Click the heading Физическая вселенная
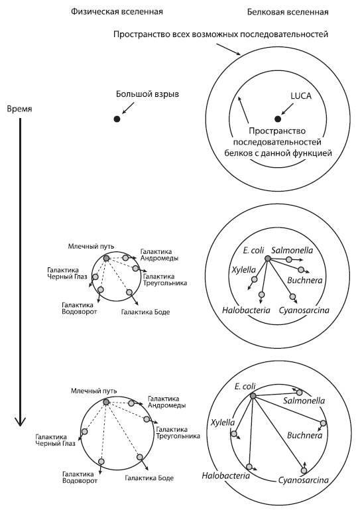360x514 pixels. (x=117, y=12)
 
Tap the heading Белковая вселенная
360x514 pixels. (x=288, y=12)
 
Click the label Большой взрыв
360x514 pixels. (x=147, y=94)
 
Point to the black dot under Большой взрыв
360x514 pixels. (x=117, y=119)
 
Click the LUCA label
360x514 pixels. (x=301, y=96)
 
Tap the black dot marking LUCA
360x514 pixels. (x=278, y=119)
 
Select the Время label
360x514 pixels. (x=20, y=109)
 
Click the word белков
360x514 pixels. (x=236, y=153)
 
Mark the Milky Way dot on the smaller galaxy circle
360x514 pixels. (x=106, y=258)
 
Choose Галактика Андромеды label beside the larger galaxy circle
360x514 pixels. (x=166, y=402)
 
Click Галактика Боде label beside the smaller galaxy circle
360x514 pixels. (x=145, y=312)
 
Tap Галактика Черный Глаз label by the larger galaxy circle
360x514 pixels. (x=55, y=440)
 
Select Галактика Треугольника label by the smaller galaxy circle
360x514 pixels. (x=165, y=280)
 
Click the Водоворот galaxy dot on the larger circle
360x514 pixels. (x=101, y=462)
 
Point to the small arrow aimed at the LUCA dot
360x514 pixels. (x=287, y=109)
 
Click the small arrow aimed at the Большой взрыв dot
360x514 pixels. (x=128, y=108)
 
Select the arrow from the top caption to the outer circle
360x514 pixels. (x=228, y=49)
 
